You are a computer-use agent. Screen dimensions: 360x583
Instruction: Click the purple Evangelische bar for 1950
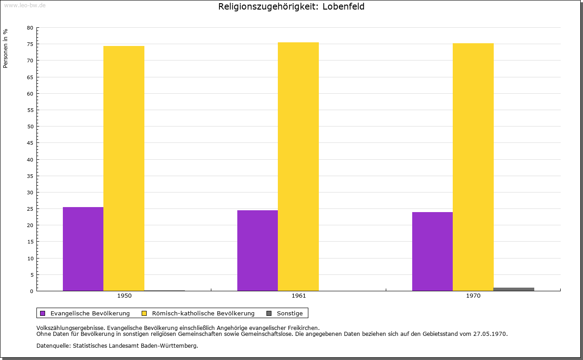point(83,249)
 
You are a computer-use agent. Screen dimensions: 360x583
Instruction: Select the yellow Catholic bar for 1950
point(124,168)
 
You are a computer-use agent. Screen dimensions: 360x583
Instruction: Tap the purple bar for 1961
point(257,250)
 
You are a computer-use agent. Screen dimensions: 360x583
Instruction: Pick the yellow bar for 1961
point(298,167)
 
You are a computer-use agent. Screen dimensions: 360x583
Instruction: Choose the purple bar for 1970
point(432,251)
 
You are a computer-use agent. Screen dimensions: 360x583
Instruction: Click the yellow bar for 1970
point(473,167)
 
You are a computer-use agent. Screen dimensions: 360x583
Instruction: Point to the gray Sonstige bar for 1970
point(514,289)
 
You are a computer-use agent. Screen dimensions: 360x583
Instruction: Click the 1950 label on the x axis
point(124,296)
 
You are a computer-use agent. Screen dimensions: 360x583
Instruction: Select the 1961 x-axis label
point(299,296)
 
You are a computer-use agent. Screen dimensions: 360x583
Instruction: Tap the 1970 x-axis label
point(473,296)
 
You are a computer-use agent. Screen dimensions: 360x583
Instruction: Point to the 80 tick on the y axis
point(30,28)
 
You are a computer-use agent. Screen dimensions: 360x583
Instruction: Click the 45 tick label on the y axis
point(30,143)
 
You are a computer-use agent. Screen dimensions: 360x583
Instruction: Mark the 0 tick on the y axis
point(32,291)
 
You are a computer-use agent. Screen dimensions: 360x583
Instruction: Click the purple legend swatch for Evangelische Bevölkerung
point(43,313)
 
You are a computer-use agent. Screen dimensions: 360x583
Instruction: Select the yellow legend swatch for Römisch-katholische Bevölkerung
point(144,313)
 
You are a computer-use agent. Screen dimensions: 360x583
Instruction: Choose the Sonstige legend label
point(290,313)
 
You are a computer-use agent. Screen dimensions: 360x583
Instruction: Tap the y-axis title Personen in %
point(5,48)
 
